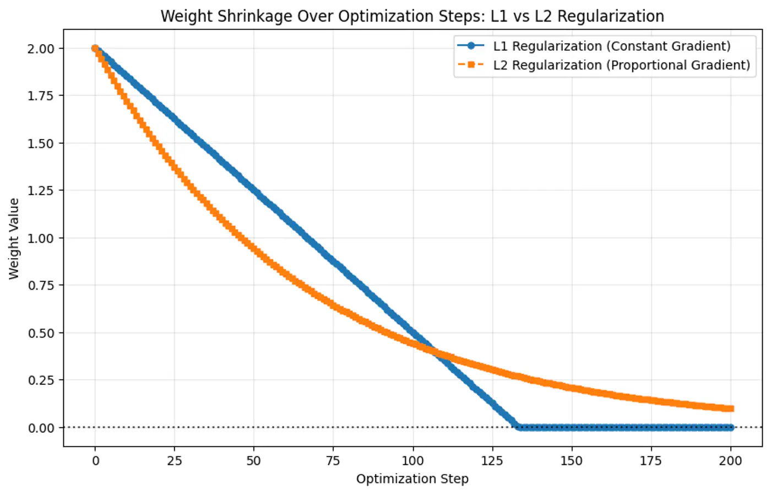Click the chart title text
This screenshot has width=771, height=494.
(x=412, y=16)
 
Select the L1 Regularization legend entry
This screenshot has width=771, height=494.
(x=611, y=46)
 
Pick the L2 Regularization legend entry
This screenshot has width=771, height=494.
(x=621, y=65)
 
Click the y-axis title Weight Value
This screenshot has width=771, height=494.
(x=14, y=239)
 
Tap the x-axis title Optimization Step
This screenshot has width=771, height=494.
(x=412, y=479)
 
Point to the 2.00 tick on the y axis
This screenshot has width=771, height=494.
(x=41, y=49)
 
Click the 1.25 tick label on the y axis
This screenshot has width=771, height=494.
(x=41, y=191)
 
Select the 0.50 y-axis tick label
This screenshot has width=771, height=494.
(x=41, y=333)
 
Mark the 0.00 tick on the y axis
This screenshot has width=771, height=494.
(x=41, y=428)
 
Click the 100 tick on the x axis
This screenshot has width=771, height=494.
(x=413, y=460)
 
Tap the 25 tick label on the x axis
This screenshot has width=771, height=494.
(x=175, y=460)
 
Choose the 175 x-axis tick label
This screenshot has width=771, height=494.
(x=651, y=460)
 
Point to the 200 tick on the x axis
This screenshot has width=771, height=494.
(x=731, y=460)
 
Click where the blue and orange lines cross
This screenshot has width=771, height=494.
(x=433, y=350)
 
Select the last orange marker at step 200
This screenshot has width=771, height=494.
(x=731, y=409)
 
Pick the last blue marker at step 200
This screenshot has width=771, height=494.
(x=731, y=427)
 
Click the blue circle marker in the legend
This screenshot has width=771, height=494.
(x=471, y=46)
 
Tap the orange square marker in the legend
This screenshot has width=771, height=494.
(x=471, y=65)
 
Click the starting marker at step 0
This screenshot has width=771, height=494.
(x=95, y=49)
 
